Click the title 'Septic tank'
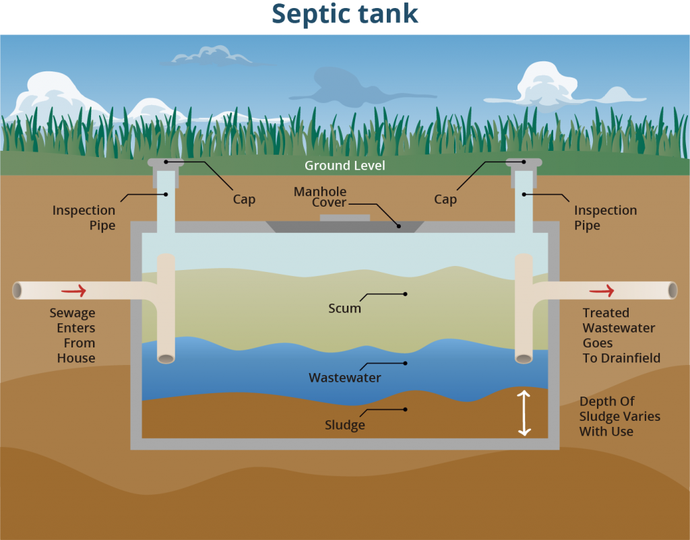[x=345, y=13]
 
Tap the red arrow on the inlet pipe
[x=73, y=291]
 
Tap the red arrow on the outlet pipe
[x=602, y=291]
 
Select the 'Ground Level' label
[x=345, y=166]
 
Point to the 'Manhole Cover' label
[x=320, y=197]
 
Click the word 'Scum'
[x=344, y=308]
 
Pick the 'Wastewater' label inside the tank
[x=344, y=378]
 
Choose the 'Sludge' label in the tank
[x=344, y=425]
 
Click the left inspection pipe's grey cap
[x=166, y=163]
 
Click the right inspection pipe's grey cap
[x=524, y=163]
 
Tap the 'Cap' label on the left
[x=244, y=200]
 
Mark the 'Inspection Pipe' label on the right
[x=605, y=218]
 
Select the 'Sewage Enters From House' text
[x=72, y=335]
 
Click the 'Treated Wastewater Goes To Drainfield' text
[x=621, y=335]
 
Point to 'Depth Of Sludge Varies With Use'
[x=619, y=416]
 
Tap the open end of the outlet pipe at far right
[x=672, y=290]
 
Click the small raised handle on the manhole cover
[x=344, y=217]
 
